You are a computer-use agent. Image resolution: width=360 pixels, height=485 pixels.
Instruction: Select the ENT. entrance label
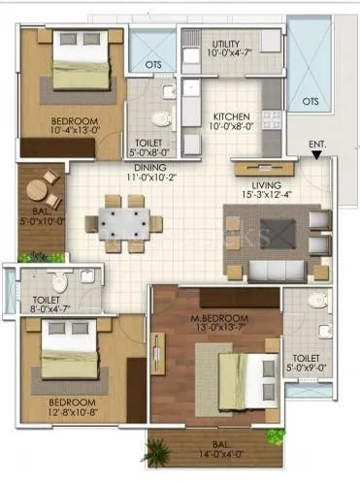click(x=317, y=145)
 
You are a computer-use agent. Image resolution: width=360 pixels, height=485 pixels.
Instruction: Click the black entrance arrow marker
click(x=317, y=155)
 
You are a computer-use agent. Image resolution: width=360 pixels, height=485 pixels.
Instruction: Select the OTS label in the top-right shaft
click(x=311, y=100)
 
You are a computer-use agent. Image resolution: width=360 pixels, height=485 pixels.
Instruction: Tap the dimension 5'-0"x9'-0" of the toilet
click(x=309, y=368)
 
